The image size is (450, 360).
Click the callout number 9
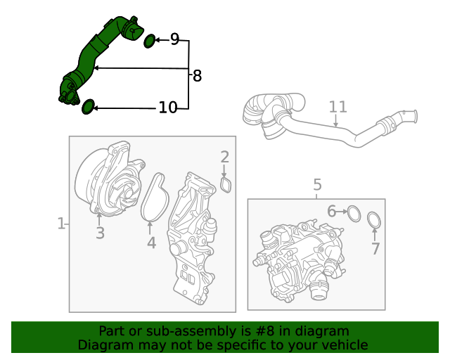click(174, 39)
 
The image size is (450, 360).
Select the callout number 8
click(197, 76)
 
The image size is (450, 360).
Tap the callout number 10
click(168, 108)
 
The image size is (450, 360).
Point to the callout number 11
click(337, 107)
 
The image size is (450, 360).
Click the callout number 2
click(224, 157)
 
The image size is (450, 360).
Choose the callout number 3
click(100, 233)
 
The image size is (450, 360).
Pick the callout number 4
click(151, 243)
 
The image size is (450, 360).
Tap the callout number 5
click(317, 185)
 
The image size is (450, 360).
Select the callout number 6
click(331, 210)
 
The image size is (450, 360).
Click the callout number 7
click(375, 248)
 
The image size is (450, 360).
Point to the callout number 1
click(60, 224)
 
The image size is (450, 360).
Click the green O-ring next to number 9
click(150, 41)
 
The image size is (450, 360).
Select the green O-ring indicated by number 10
click(88, 107)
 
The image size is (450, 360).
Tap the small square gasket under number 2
click(226, 185)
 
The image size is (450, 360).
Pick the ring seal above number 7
click(376, 221)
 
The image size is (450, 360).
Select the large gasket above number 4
click(155, 200)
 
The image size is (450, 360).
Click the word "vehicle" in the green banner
click(342, 345)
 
